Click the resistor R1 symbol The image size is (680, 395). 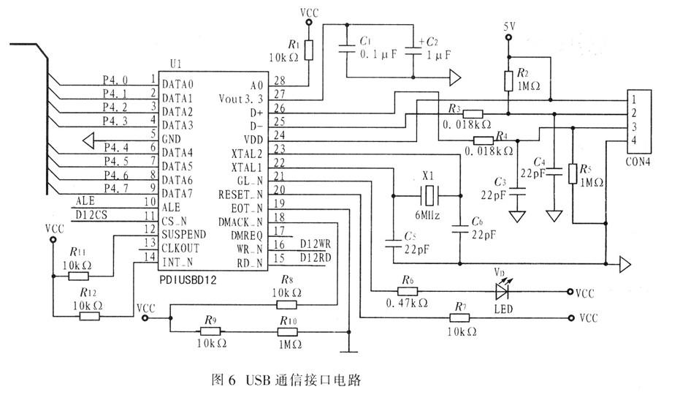tap(308, 50)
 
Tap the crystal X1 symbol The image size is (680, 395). tap(432, 195)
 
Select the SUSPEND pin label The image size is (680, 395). tap(183, 235)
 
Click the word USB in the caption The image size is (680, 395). tap(259, 380)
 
